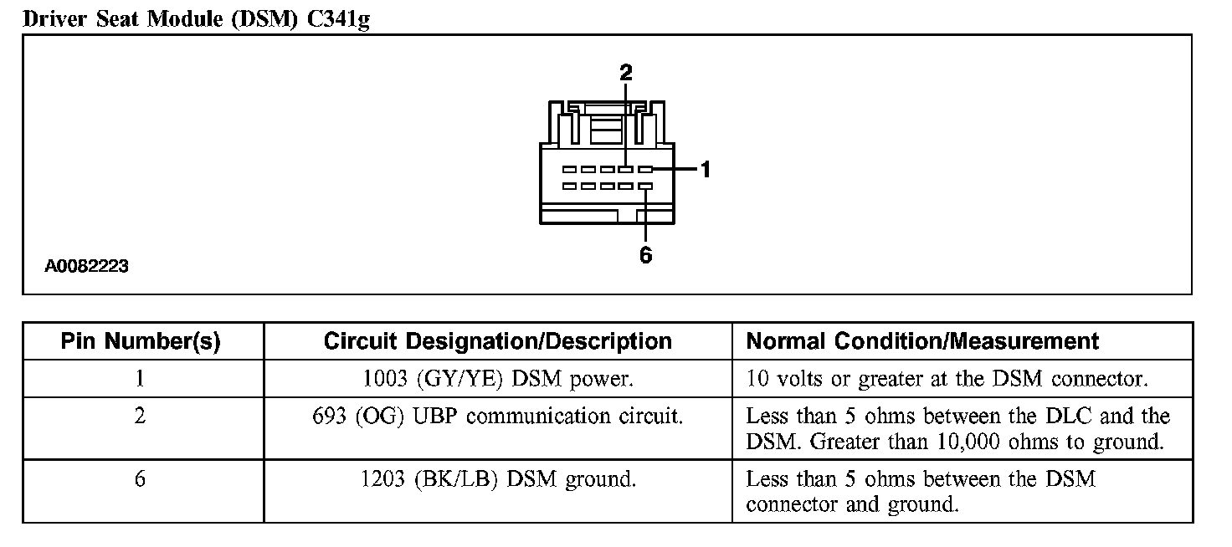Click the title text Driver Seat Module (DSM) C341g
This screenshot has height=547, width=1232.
[197, 18]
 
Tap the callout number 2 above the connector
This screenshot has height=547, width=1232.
[626, 72]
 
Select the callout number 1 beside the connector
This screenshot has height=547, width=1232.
[706, 170]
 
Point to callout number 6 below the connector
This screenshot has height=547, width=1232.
[645, 255]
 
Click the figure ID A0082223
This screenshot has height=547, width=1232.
[87, 267]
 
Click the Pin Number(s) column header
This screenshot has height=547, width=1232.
[141, 341]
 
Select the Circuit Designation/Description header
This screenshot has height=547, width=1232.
[497, 341]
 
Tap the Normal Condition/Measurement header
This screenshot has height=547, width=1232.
[922, 341]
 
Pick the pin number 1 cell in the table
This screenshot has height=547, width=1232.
[140, 379]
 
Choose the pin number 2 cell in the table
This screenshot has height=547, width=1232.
[140, 416]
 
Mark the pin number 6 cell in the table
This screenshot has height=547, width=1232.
[140, 479]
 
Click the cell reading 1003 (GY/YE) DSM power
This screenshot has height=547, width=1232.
[497, 379]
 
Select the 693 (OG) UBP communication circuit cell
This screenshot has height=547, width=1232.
[497, 416]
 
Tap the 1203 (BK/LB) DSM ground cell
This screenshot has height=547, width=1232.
[497, 479]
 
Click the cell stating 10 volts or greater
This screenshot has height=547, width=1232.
[947, 379]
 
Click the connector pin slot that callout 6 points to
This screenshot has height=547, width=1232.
[645, 186]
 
